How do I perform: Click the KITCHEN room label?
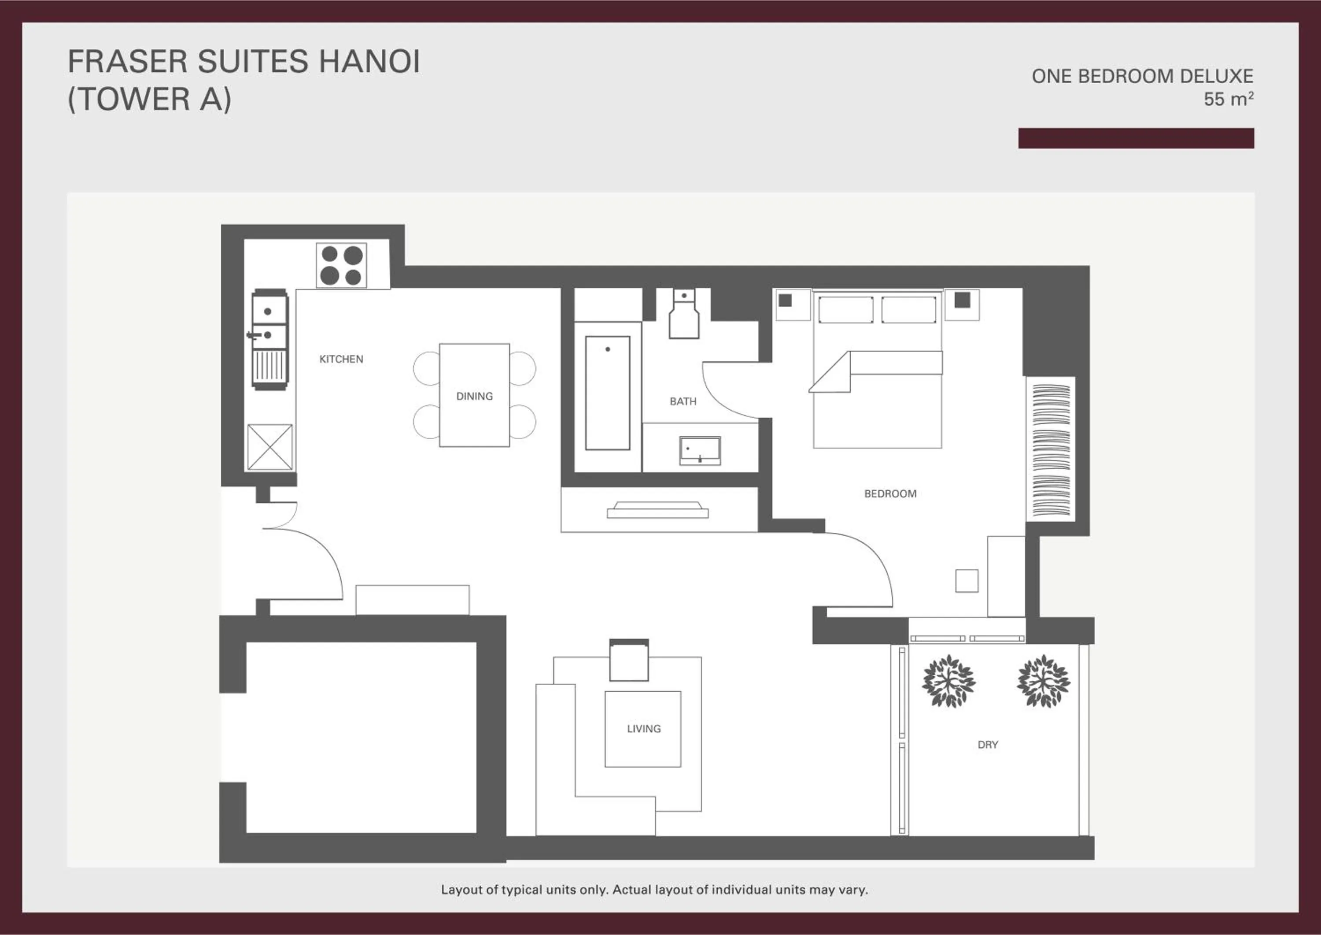(x=341, y=359)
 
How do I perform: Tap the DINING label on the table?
(x=474, y=396)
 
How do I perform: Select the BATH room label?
(x=683, y=401)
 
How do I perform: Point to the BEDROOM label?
(x=890, y=493)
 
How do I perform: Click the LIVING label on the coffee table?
(x=643, y=728)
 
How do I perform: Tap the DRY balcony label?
(x=987, y=744)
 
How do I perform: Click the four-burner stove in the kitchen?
(x=341, y=265)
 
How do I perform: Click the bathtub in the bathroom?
(x=608, y=393)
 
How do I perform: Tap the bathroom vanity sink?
(x=700, y=450)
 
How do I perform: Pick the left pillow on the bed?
(x=845, y=310)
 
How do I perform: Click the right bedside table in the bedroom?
(x=962, y=304)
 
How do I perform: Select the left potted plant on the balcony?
(x=948, y=682)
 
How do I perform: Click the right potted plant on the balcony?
(x=1043, y=682)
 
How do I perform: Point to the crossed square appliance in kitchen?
(x=270, y=447)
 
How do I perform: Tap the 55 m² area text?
(x=1229, y=99)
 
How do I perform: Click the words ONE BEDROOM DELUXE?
(x=1142, y=76)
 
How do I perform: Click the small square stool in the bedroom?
(x=967, y=581)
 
